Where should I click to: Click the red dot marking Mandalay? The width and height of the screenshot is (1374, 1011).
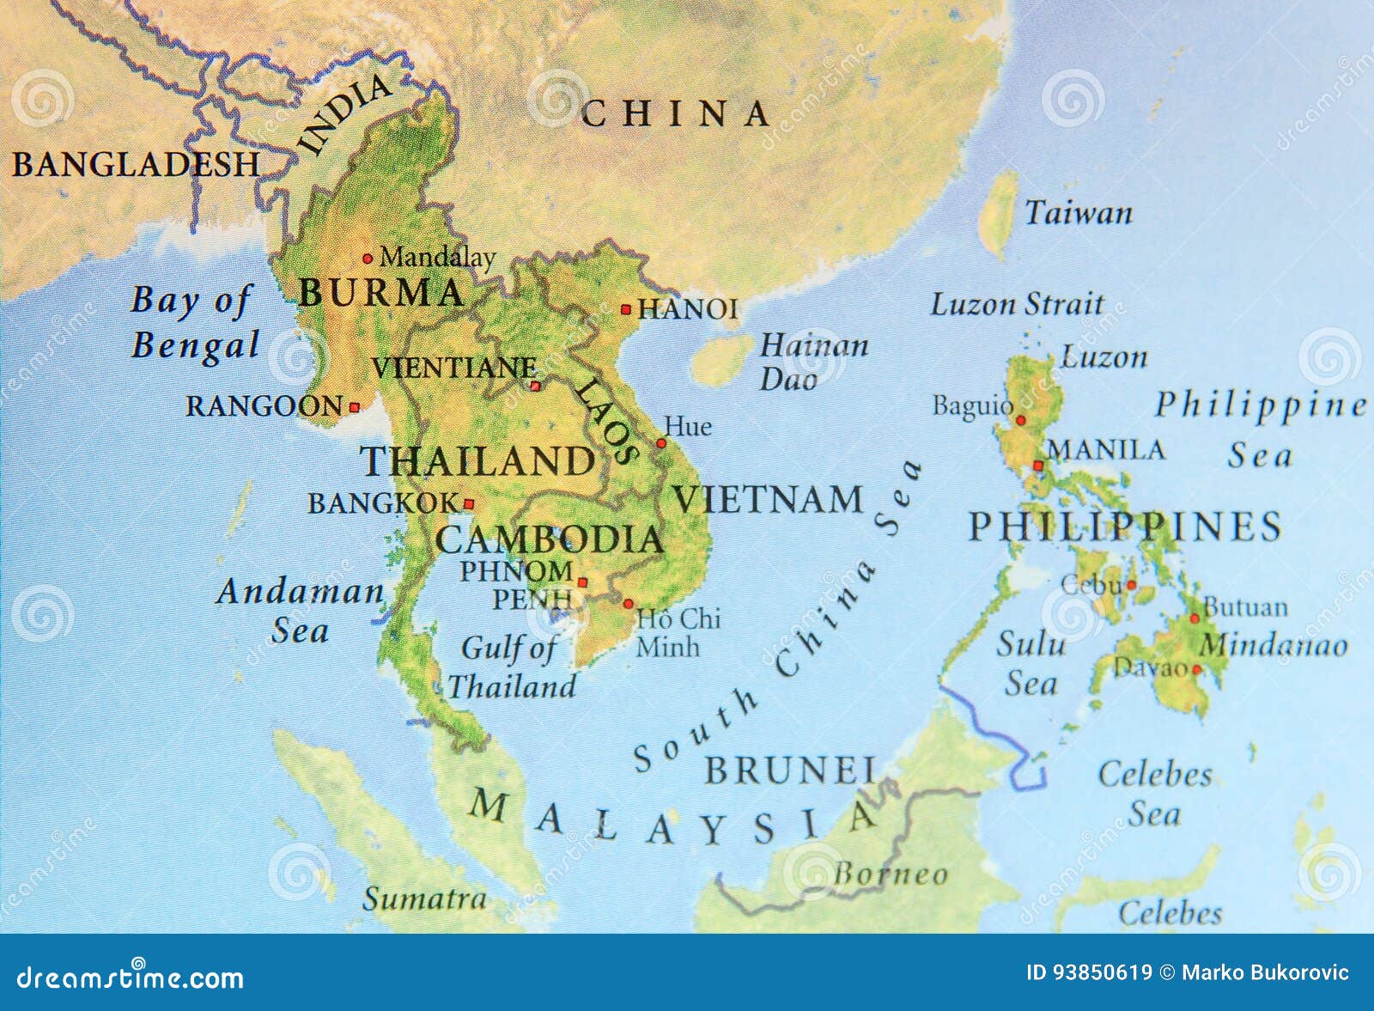368,258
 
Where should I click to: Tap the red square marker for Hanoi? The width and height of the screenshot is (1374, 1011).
626,309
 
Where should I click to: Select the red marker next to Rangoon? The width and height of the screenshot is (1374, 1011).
354,407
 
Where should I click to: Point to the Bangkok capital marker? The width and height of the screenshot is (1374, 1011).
469,504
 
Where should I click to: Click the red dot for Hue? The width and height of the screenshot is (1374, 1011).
661,443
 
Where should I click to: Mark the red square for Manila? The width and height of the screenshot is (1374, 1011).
1037,466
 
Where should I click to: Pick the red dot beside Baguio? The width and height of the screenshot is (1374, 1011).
1021,421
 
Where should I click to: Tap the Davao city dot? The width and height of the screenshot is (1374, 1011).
1196,668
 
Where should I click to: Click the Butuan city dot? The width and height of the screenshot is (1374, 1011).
1195,618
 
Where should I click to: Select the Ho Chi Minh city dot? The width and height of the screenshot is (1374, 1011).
628,604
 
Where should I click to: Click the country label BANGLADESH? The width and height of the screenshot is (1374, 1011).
136,164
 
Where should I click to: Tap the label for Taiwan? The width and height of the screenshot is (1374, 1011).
1079,213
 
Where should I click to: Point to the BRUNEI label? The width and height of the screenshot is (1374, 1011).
790,770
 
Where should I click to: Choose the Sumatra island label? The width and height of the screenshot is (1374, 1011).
424,898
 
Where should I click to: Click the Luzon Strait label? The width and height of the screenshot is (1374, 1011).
1018,304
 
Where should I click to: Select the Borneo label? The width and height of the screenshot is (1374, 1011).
891,874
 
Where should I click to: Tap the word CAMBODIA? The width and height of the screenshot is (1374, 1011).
550,539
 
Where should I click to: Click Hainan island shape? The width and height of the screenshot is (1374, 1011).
722,360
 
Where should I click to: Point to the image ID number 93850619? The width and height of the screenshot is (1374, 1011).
1089,972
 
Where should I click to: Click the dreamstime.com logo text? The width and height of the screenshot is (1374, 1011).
131,977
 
